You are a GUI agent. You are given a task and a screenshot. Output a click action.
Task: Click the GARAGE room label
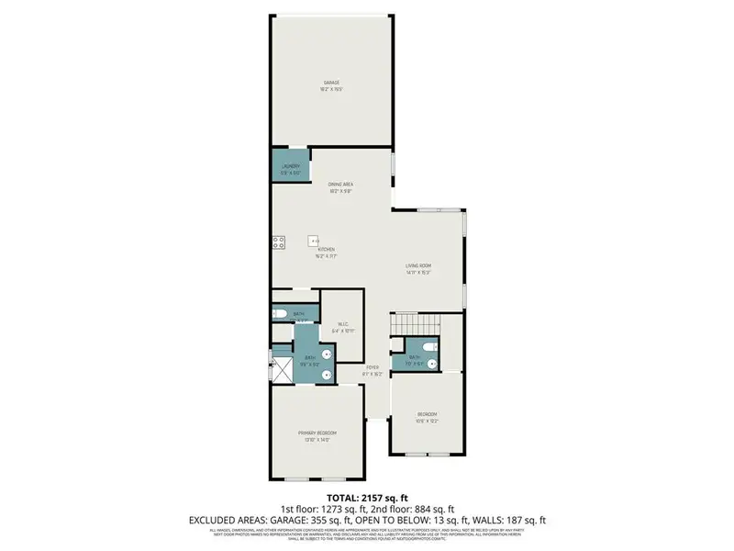(x=330, y=83)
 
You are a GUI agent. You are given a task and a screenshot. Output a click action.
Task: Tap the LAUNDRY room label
(x=291, y=166)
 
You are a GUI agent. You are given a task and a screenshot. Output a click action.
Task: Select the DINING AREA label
(x=341, y=185)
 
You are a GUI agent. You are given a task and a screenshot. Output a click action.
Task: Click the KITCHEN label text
(x=326, y=250)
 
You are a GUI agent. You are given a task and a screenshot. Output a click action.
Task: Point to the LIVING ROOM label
(x=418, y=266)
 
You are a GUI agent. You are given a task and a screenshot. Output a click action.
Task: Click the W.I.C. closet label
(x=341, y=323)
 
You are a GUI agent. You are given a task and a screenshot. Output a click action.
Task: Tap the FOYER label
(x=372, y=367)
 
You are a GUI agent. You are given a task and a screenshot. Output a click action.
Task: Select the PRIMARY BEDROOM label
(x=317, y=433)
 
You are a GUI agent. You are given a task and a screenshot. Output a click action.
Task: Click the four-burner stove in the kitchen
(x=277, y=242)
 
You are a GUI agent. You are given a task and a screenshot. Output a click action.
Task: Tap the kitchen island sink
(x=312, y=240)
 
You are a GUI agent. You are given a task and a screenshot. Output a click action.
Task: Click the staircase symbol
(x=415, y=324)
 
